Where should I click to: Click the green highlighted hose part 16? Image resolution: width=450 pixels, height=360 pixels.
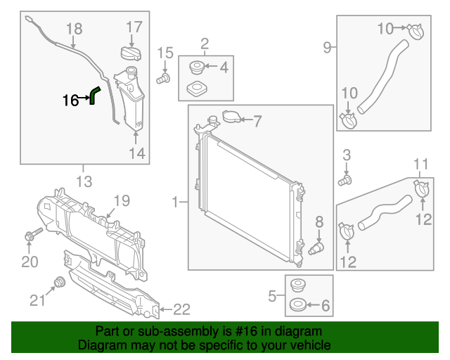point(94,94)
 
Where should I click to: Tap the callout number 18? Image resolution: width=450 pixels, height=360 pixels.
point(74,29)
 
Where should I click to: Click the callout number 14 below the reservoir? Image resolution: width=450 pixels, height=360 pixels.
point(136,153)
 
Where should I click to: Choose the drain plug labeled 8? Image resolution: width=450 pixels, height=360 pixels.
point(317,247)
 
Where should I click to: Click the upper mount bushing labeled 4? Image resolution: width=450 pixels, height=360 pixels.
point(197,68)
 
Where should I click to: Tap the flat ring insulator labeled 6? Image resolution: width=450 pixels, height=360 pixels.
point(296,307)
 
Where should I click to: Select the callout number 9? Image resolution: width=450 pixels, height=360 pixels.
point(327,48)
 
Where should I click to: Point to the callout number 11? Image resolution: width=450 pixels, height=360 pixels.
point(420,165)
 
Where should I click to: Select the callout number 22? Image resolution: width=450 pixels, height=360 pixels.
point(181,309)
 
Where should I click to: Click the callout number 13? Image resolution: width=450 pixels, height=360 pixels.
point(84,183)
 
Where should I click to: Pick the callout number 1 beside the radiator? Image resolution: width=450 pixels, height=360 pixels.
point(175,203)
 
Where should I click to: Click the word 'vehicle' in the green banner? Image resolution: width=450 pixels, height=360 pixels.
point(309,346)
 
